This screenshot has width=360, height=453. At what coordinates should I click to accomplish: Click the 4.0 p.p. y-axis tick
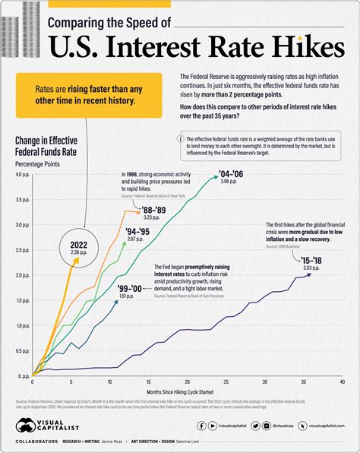(23, 176)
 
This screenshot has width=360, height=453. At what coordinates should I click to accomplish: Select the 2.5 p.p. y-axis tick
(23, 250)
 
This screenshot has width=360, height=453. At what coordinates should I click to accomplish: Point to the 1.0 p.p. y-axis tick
(23, 325)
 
